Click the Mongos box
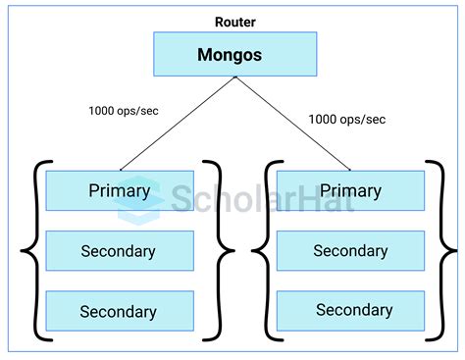tap(234, 55)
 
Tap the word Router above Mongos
tap(234, 21)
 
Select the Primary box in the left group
tap(120, 190)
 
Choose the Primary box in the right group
tap(351, 190)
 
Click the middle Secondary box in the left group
tap(120, 251)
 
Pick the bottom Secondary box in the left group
tap(120, 311)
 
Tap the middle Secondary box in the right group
tap(351, 251)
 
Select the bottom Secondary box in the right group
tap(351, 311)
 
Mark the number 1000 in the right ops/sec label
tap(325, 120)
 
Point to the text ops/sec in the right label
tap(364, 120)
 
